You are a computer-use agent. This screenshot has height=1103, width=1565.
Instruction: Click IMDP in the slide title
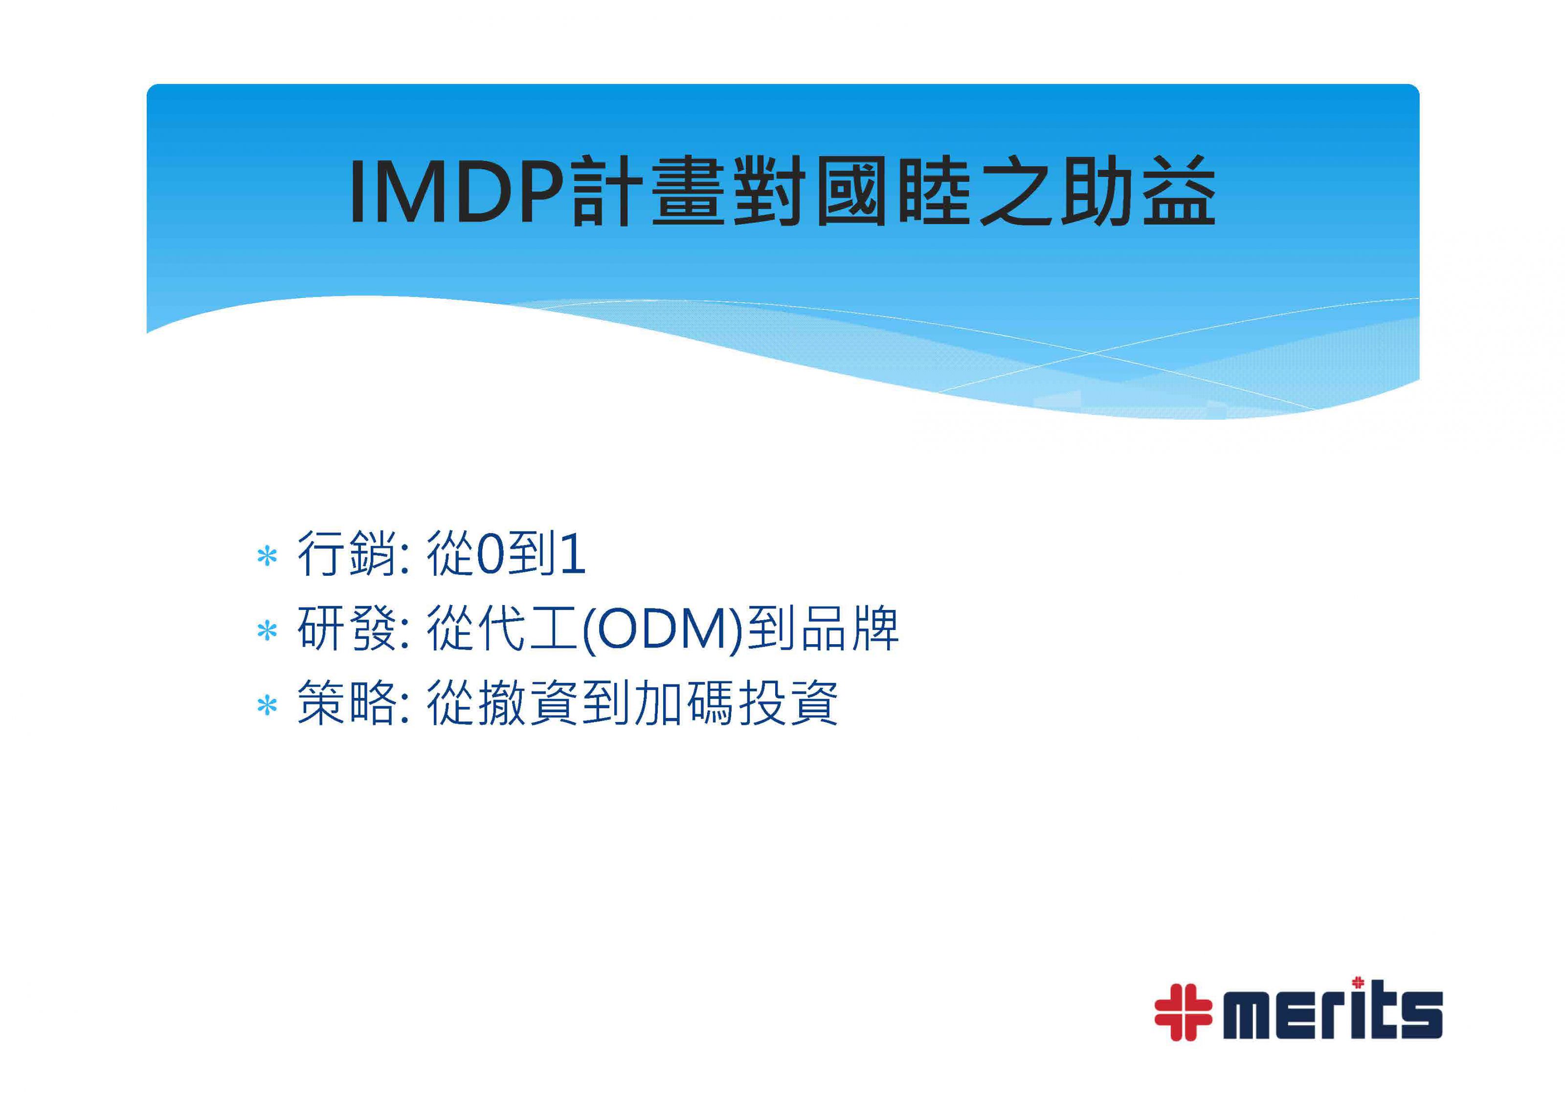458,192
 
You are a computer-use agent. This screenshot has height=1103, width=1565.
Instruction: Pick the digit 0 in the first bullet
491,556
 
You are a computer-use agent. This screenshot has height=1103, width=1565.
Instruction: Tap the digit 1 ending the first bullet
571,556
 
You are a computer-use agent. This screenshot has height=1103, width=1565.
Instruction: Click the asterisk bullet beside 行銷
267,557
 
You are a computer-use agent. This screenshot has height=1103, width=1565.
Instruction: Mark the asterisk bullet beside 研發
267,631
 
